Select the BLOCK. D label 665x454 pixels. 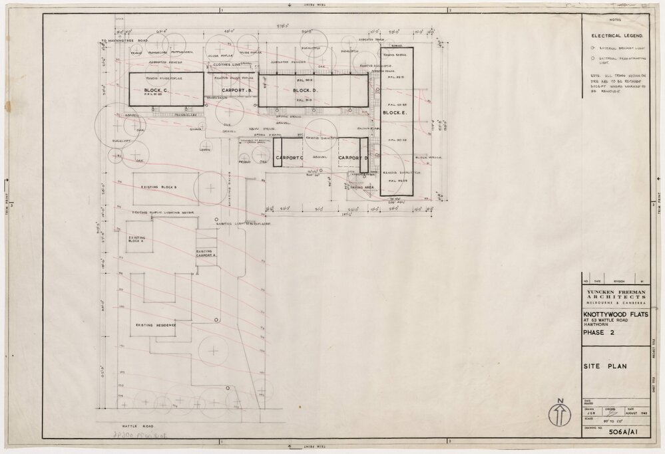coord(307,90)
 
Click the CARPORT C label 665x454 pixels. coord(290,158)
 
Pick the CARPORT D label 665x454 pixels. coord(353,158)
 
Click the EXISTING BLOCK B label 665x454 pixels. coord(158,188)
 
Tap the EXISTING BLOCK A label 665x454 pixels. coord(137,239)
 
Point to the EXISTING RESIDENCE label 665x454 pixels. coord(156,326)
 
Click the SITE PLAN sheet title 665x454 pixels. coord(604,366)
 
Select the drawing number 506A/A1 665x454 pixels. coord(625,431)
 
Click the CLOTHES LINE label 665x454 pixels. coord(227,64)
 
